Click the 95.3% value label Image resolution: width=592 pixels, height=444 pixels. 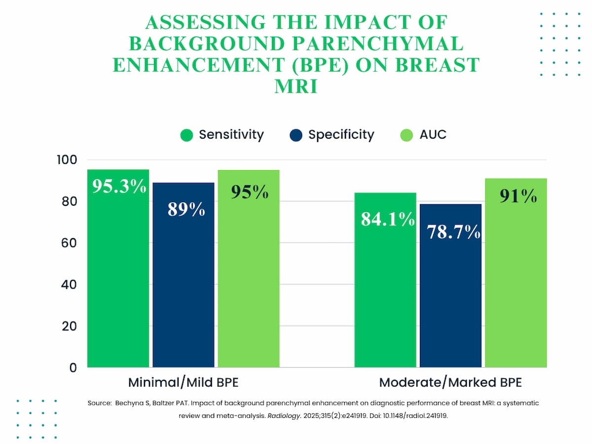(x=119, y=186)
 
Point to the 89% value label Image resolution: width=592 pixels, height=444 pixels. (x=186, y=210)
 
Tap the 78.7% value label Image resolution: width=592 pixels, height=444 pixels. (x=453, y=231)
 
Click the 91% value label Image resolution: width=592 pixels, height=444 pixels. (x=518, y=196)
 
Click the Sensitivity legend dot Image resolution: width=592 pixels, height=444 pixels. (x=186, y=135)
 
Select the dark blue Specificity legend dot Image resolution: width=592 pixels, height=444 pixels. (x=296, y=135)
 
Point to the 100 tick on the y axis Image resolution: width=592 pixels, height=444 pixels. (x=68, y=160)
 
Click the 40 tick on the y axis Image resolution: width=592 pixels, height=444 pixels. (x=70, y=285)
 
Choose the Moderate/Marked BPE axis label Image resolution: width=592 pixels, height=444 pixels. (x=450, y=383)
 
